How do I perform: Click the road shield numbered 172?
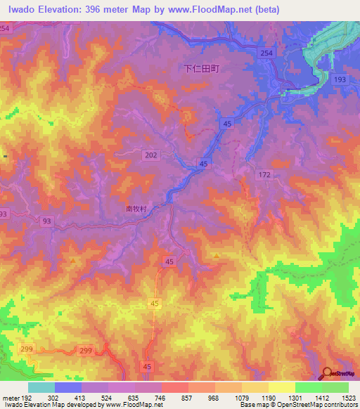264,174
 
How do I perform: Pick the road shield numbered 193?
340,81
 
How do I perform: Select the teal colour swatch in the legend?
41,387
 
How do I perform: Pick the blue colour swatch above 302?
68,387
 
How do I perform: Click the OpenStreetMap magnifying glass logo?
327,373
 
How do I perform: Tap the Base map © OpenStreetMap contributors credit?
296,405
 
